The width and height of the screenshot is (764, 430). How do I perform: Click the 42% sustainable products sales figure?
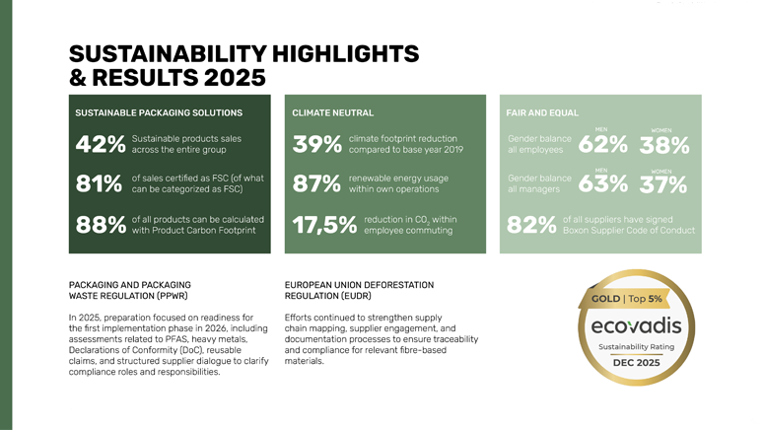[99, 145]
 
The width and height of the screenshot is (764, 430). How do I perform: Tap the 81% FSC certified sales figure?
[99, 184]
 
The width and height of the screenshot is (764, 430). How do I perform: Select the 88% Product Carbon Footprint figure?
[99, 226]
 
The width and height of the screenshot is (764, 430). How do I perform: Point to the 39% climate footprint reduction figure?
[316, 145]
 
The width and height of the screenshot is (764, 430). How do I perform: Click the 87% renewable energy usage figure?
[316, 184]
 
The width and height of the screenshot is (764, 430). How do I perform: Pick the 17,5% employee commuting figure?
[324, 226]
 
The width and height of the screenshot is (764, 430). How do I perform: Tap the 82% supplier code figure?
[531, 226]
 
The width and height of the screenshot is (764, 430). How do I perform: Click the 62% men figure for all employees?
[604, 145]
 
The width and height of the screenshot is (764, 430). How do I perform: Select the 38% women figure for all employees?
[663, 146]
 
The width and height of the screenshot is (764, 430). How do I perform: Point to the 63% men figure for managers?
[604, 184]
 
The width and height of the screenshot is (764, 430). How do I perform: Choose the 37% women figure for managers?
[663, 185]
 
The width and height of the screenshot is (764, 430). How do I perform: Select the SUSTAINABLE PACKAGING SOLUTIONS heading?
[159, 113]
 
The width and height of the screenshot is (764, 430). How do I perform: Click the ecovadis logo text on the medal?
[636, 324]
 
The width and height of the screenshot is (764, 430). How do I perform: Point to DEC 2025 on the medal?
[636, 362]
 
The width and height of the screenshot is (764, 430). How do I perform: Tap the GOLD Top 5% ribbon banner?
[628, 298]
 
